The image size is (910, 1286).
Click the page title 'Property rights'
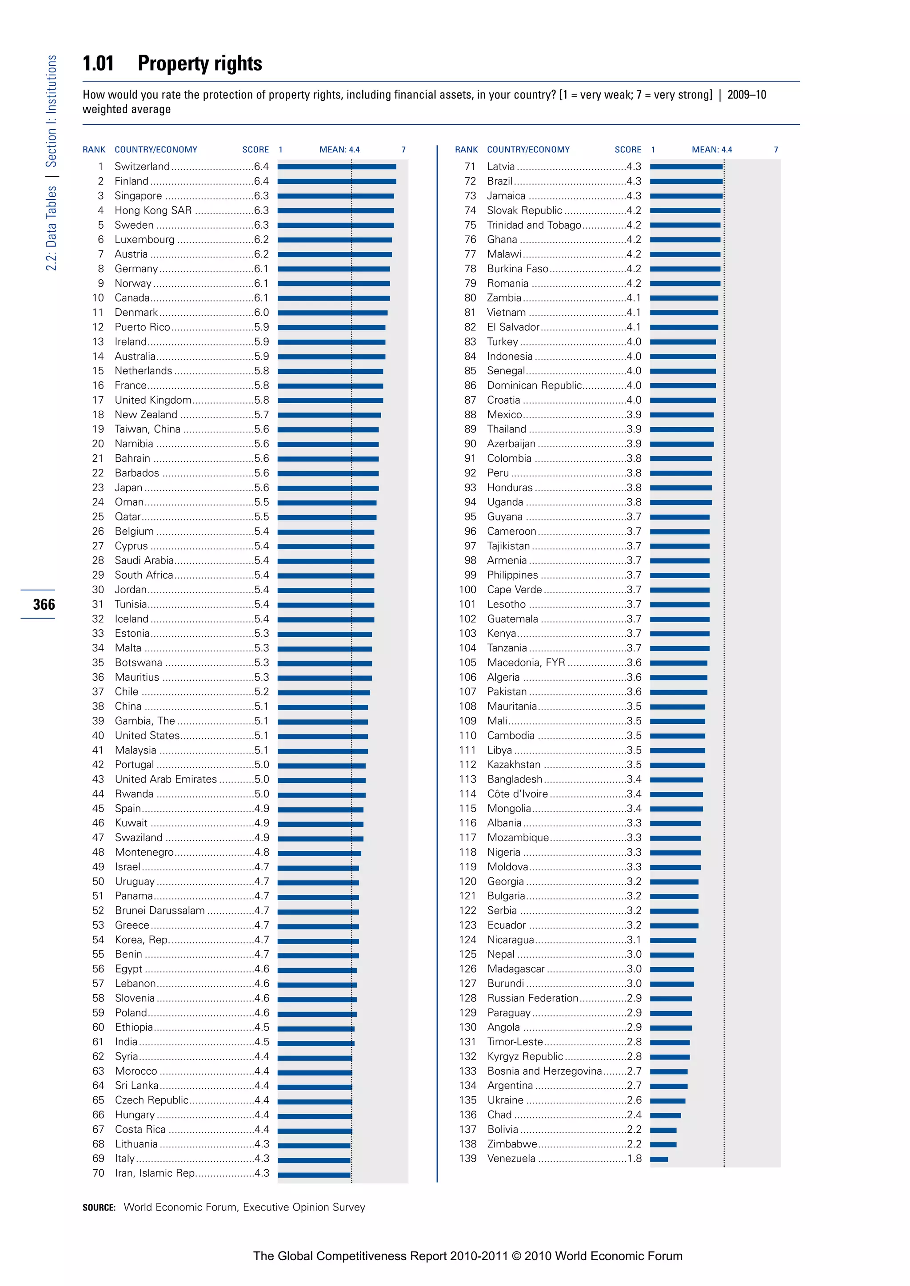[x=200, y=64]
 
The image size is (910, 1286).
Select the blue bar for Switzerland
[x=336, y=167]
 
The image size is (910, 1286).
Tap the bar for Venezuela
[x=659, y=1159]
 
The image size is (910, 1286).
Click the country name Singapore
[x=138, y=195]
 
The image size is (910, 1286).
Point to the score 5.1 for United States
[x=261, y=735]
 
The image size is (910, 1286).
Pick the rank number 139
[x=468, y=1158]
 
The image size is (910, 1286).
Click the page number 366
[x=44, y=604]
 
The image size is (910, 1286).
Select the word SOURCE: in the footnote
[x=99, y=1207]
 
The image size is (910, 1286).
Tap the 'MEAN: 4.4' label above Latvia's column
[x=712, y=150]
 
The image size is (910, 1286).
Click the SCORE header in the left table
[x=255, y=150]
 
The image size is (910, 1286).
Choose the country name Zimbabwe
[x=511, y=1144]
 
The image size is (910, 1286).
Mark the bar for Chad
[x=665, y=1115]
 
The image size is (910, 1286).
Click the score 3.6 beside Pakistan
[x=634, y=692]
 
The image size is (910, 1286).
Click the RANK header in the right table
[x=466, y=150]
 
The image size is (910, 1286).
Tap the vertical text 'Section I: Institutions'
[x=52, y=111]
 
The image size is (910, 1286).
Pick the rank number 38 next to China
[x=98, y=707]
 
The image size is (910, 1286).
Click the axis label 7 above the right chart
[x=776, y=150]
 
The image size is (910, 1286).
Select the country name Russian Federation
[x=532, y=998]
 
